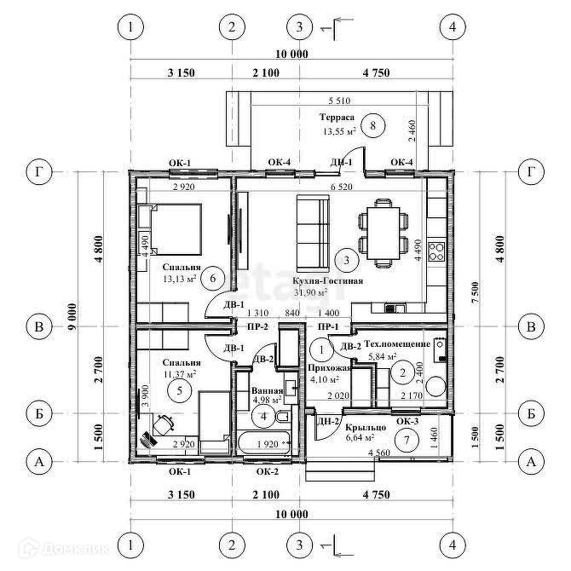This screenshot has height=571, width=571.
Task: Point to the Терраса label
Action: click(x=337, y=118)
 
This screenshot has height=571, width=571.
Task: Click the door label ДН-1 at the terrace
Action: click(x=341, y=162)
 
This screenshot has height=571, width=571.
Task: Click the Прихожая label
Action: click(x=328, y=368)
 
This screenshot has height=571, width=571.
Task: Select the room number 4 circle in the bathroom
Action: click(x=264, y=416)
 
